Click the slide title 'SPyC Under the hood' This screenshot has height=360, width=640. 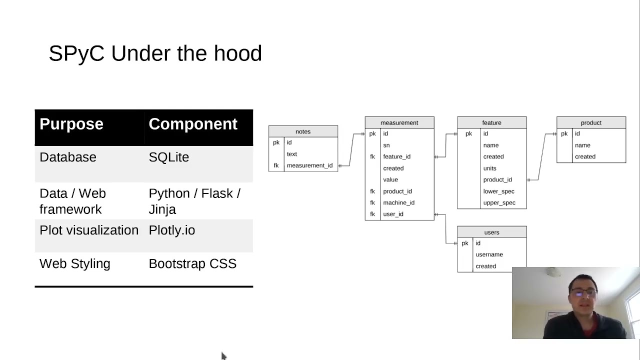[x=155, y=53]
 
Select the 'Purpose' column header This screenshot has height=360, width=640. [x=71, y=124]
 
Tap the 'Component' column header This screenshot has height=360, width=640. [x=193, y=124]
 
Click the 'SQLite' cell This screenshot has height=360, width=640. [x=169, y=157]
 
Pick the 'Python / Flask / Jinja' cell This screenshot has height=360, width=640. [x=194, y=201]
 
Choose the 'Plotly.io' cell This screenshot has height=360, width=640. [x=172, y=230]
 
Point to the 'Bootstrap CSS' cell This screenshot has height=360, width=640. [x=192, y=263]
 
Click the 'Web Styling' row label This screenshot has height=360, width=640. [x=75, y=263]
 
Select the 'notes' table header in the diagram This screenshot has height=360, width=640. [x=303, y=131]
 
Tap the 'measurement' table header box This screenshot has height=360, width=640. [x=399, y=122]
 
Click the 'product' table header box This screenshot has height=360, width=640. [x=591, y=122]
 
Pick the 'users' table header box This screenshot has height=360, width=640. [x=491, y=232]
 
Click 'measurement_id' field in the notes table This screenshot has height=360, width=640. [x=309, y=165]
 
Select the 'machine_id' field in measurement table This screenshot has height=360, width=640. [x=398, y=202]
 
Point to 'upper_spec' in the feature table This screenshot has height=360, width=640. [x=499, y=202]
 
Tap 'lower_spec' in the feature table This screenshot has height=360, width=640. [x=498, y=191]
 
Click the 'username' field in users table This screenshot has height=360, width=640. [x=489, y=254]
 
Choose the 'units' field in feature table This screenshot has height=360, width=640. [x=489, y=168]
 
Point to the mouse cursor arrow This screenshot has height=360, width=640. [x=223, y=355]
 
